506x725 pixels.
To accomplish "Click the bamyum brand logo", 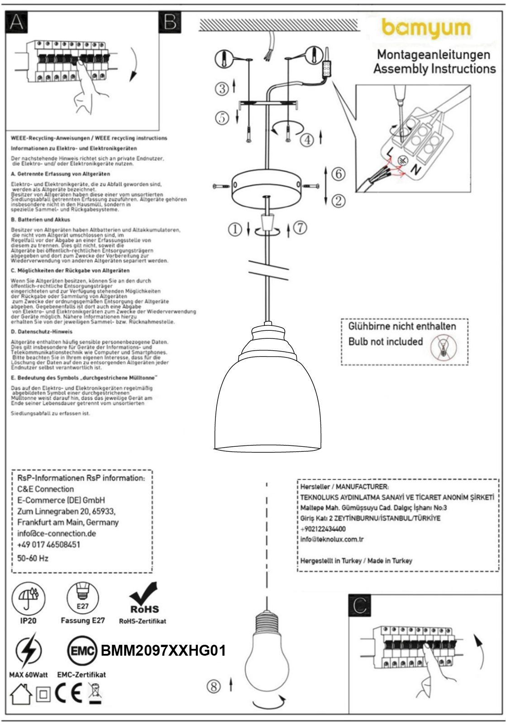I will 426,29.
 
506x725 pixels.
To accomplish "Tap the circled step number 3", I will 222,88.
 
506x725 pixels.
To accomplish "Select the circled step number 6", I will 338,174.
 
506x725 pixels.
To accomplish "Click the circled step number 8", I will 214,686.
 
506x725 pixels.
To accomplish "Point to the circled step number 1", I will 235,230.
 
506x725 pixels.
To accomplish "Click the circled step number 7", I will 300,227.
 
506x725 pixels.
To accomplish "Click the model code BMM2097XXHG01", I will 163,651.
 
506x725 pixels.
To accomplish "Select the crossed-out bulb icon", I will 444,348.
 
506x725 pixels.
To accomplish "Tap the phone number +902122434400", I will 323,529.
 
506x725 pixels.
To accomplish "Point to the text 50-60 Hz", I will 33,558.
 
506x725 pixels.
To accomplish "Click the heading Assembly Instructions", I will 434,69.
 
